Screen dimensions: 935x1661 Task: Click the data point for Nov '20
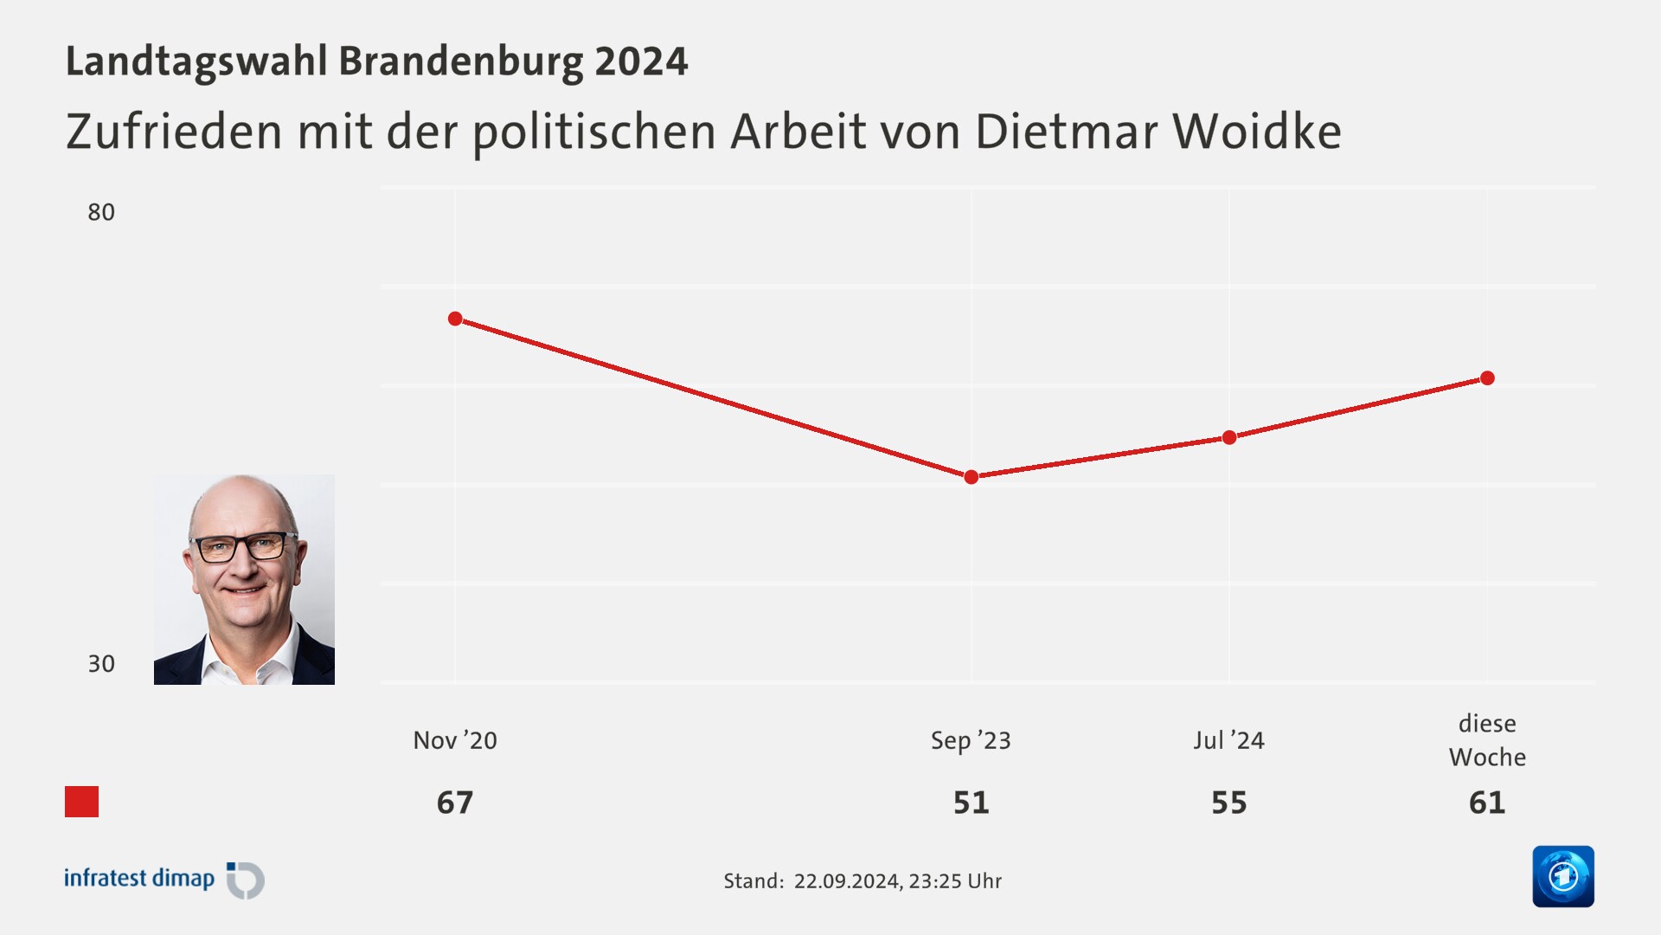point(455,319)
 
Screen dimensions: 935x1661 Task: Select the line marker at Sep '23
point(971,477)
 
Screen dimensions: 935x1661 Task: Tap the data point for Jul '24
point(1229,437)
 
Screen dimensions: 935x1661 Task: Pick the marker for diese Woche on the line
point(1487,378)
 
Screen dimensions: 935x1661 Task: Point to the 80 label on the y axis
point(101,212)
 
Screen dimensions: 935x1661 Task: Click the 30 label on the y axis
point(101,664)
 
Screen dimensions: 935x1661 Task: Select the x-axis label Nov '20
point(455,740)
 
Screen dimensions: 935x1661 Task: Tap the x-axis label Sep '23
point(971,740)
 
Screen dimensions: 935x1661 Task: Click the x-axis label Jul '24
point(1229,740)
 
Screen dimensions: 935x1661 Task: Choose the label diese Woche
point(1487,740)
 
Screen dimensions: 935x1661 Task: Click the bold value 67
point(455,803)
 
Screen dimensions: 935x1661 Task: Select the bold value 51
point(971,803)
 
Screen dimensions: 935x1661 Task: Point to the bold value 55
point(1229,803)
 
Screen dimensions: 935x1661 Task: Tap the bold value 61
point(1487,803)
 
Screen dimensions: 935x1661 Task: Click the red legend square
point(82,802)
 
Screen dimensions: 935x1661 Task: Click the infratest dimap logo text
point(139,879)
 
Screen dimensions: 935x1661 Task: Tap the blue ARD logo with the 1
point(1563,876)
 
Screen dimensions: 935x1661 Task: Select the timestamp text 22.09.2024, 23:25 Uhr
point(897,881)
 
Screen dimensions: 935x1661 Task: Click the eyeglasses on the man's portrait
point(241,547)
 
